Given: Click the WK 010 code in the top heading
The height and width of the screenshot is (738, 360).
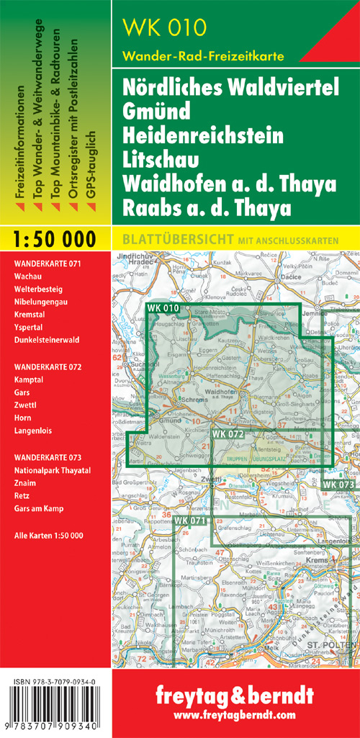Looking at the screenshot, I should coord(164,28).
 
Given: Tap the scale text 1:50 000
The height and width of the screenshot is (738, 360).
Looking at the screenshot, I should coord(55,238).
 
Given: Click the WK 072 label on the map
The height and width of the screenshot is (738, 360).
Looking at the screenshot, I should coord(228,434).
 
